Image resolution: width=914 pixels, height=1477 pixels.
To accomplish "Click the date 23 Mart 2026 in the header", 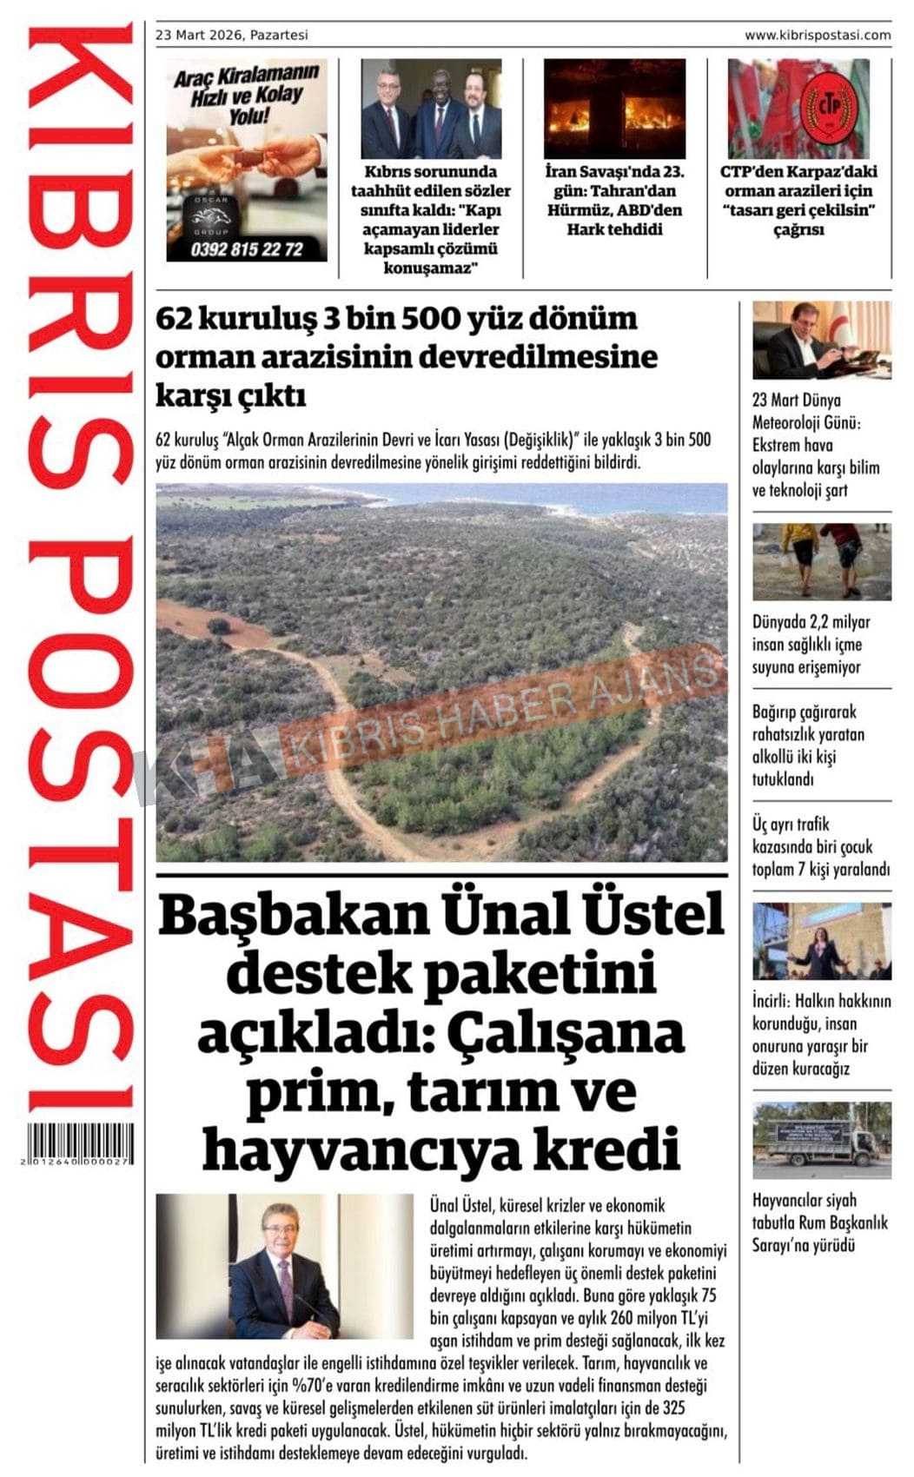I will [x=200, y=36].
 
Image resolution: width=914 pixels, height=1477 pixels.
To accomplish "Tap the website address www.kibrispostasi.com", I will [x=817, y=36].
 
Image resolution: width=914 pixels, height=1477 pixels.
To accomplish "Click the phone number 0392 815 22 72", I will [x=247, y=249].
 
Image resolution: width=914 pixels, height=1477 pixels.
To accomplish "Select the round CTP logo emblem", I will [x=827, y=107].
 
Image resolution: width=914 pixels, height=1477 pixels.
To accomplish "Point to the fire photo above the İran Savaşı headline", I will [x=614, y=108].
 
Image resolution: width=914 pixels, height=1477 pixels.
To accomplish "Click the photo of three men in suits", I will [x=431, y=108].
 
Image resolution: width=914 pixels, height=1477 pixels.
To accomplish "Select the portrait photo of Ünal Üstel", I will [x=284, y=1265].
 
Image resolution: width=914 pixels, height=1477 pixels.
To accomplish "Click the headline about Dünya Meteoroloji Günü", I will [x=815, y=445].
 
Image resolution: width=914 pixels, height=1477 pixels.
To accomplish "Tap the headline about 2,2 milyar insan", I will [x=811, y=645].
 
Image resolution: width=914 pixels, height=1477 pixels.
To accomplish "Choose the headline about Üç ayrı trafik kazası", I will [x=820, y=846].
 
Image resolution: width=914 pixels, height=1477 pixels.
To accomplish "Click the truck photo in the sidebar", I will [x=821, y=1140].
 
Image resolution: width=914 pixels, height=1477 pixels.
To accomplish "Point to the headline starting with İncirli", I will [x=820, y=1035].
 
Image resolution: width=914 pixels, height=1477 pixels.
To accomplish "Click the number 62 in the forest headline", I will [x=174, y=320].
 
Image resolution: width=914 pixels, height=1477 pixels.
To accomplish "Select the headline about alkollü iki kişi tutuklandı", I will [x=808, y=745].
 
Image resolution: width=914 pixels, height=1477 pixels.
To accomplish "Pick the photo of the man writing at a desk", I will [x=821, y=340].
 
